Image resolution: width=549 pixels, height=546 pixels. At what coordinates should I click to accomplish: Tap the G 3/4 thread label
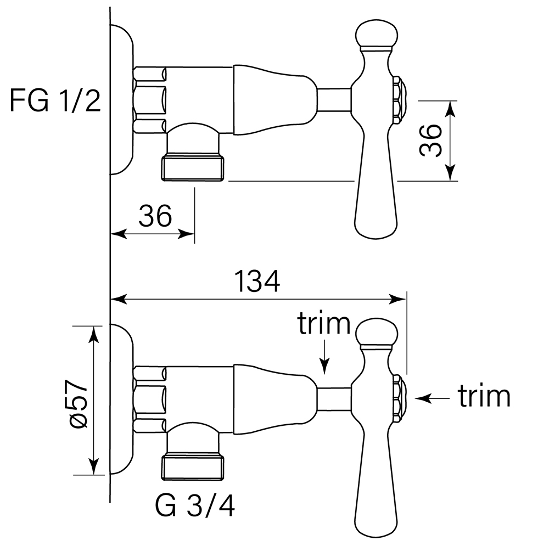(x=195, y=506)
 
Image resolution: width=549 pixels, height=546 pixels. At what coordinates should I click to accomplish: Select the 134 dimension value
(x=257, y=282)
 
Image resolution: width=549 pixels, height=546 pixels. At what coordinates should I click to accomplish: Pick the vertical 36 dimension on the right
(x=430, y=140)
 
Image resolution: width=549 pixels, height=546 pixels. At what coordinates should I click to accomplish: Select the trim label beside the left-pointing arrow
(x=484, y=396)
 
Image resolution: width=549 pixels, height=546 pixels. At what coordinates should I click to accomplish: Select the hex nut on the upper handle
(x=399, y=100)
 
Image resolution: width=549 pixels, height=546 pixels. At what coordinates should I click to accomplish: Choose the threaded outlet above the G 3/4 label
(x=193, y=466)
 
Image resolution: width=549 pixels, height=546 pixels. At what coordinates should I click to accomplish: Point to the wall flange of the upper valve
(x=122, y=100)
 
